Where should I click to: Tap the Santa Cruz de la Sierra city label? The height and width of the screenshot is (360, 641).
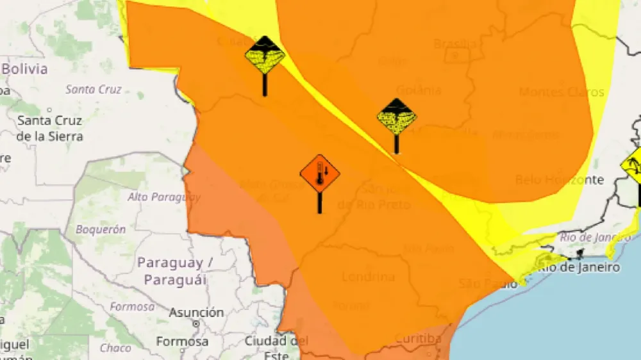49,128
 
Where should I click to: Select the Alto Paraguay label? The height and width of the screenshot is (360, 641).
163,197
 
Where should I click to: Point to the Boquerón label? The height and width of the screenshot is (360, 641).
101,229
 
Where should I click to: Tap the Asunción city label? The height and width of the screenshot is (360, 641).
196,313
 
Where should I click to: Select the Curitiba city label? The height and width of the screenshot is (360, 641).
417,338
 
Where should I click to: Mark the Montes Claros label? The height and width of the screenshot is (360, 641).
562,92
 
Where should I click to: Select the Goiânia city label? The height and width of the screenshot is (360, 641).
419,90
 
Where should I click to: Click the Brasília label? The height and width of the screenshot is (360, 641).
455,44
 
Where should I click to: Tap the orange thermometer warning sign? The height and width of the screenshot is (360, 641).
320,173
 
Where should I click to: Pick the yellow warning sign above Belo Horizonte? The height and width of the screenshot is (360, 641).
631,165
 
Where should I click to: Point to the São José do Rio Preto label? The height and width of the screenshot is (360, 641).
374,197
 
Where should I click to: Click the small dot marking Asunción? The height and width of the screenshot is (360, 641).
196,324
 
